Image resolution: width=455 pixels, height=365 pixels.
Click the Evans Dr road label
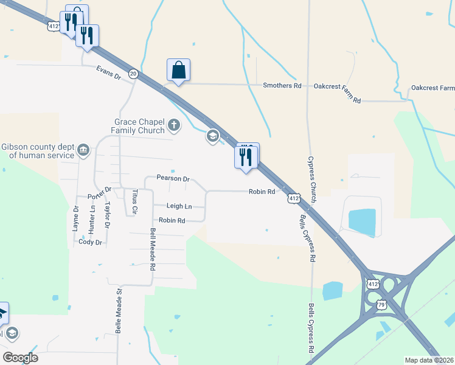[108, 73]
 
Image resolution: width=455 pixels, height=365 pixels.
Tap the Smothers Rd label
[282, 86]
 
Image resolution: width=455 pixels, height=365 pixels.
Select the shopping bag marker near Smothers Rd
[179, 71]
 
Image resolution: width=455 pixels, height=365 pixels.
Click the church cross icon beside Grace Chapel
[174, 126]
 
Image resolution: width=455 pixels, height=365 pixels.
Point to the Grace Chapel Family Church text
[138, 126]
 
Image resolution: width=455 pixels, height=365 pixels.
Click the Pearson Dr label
[173, 179]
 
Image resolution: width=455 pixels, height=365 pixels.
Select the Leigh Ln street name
[179, 207]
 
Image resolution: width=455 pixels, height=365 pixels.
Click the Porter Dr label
[99, 193]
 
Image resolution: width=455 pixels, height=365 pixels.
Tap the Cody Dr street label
[90, 242]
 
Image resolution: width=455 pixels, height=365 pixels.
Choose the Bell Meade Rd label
[153, 249]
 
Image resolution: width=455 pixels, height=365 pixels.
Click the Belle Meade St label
[119, 311]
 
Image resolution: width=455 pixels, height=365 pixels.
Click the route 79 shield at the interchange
[381, 304]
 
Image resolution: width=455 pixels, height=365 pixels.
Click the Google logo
[20, 358]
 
